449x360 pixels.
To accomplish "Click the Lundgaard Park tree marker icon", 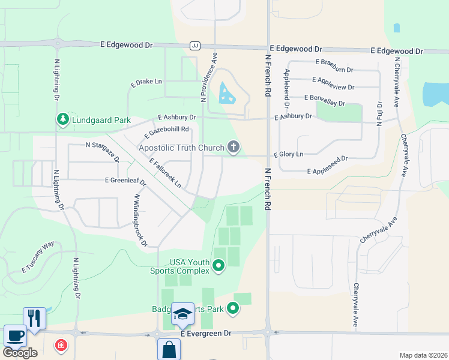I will coord(62,119).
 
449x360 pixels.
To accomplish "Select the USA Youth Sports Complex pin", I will coord(218,265).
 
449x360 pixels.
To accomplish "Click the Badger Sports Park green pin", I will coord(233,309).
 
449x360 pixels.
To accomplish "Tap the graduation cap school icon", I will coord(182,314).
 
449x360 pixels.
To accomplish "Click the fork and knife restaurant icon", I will coord(34,318).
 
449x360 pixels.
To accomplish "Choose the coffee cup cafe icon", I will coord(14,335).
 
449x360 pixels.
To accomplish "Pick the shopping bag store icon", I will coord(169,349).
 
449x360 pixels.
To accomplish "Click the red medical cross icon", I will coord(61,345).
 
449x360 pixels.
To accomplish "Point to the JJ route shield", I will coord(194,46).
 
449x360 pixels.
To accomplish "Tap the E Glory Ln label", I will coord(288,154).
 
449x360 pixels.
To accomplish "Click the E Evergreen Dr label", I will coord(205,333).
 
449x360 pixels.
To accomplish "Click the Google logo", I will coord(20,353).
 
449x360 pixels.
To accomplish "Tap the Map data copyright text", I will coord(423,355).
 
